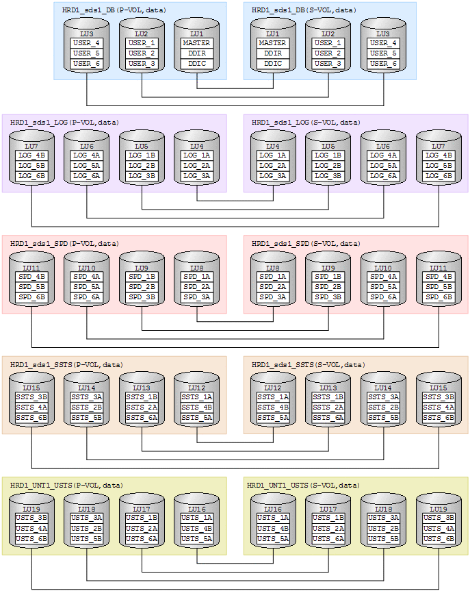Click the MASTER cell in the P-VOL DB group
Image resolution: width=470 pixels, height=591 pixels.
(197, 43)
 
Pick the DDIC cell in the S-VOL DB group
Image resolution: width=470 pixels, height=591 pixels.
(273, 64)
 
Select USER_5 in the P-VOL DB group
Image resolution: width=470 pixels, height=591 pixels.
(87, 53)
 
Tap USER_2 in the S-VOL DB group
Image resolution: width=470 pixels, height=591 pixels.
(328, 53)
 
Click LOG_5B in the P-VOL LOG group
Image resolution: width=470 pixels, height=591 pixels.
(31, 166)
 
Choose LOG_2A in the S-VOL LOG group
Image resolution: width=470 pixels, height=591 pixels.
(273, 166)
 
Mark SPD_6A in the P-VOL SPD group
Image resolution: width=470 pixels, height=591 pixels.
(87, 297)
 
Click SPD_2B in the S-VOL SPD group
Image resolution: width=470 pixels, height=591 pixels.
(328, 287)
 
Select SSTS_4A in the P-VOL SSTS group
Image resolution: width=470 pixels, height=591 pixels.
(31, 407)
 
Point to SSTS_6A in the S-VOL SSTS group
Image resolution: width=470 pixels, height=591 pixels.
(328, 418)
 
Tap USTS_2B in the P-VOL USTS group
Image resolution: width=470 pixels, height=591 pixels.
(87, 529)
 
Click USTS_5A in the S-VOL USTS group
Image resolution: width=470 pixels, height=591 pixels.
(273, 539)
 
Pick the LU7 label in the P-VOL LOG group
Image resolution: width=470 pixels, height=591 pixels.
(31, 146)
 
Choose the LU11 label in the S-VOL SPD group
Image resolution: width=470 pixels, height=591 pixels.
(438, 267)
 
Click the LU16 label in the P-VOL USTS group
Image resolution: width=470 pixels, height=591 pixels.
(197, 509)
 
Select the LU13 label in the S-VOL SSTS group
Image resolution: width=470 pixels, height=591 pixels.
(328, 388)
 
